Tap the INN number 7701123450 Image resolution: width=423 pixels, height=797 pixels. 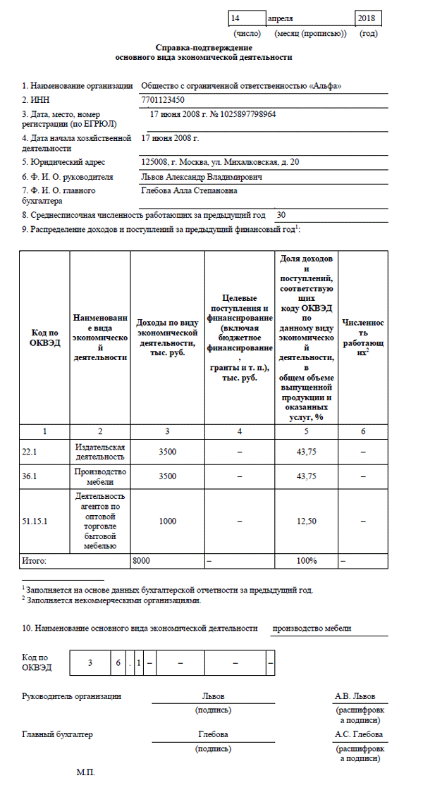pos(163,100)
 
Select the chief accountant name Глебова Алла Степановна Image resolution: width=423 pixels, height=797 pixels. pos(189,190)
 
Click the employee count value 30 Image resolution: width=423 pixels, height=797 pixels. pos(282,215)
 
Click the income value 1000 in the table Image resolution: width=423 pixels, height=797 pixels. pos(167,521)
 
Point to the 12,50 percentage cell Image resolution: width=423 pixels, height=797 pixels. pos(306,521)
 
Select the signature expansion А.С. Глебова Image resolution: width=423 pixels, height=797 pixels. pos(359,734)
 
